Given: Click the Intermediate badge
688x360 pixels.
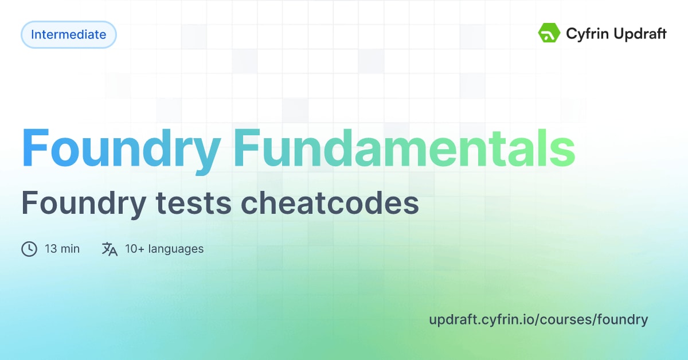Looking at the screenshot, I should click(69, 34).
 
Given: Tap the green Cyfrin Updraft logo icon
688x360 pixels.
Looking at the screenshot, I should click(549, 33).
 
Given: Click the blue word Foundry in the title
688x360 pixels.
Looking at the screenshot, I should click(121, 150).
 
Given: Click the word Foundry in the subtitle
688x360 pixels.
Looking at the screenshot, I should click(81, 204).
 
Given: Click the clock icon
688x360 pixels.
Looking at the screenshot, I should click(29, 249).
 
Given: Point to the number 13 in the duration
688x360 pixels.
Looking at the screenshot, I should click(50, 249).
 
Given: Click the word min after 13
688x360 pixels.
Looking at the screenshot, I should click(70, 249).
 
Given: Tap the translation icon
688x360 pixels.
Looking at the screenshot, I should click(110, 249).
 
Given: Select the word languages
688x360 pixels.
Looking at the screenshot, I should click(175, 249).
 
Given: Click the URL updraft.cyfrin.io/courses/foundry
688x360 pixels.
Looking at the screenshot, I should click(538, 319).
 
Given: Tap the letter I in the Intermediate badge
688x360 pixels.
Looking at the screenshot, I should click(33, 34).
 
